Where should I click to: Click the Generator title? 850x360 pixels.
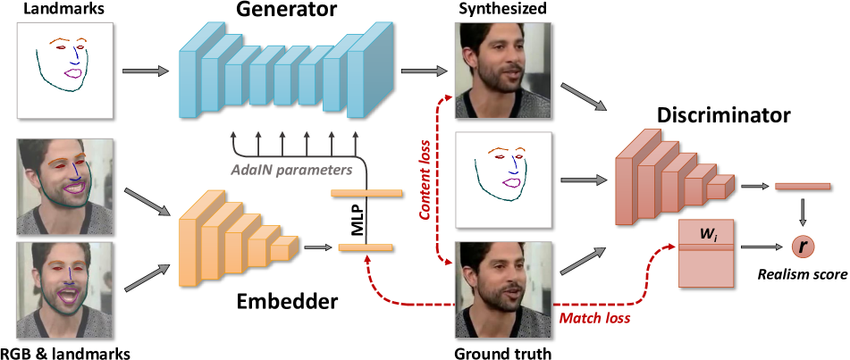point(287,13)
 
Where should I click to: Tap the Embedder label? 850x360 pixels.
point(288,301)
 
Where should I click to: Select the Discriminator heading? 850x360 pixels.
point(723,115)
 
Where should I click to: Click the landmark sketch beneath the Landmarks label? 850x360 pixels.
point(63,70)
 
